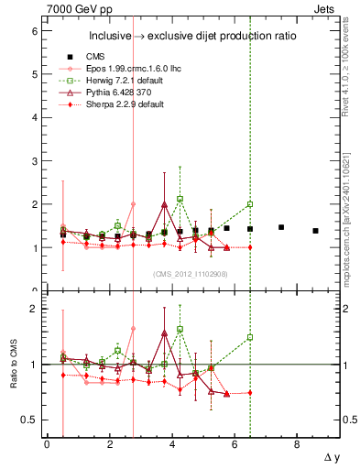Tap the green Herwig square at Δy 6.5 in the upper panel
pos(250,204)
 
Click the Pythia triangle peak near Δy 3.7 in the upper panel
pos(164,204)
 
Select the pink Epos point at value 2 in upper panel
pos(133,204)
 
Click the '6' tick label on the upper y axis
pos(33,31)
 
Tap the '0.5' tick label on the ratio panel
pos(29,420)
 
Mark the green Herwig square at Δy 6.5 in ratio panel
pos(250,337)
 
